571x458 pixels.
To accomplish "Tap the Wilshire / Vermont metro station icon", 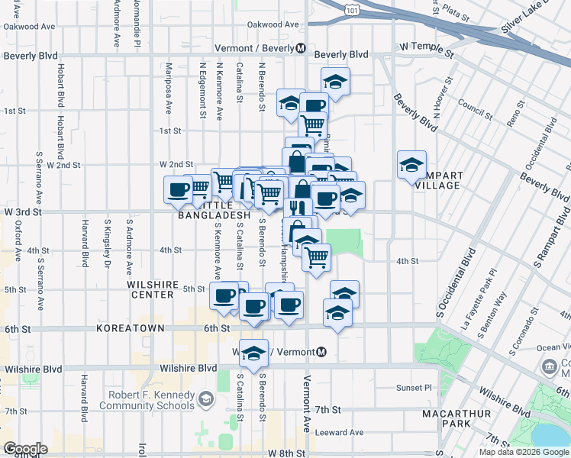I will click(321, 352).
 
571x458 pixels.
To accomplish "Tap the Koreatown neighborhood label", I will click(126, 327).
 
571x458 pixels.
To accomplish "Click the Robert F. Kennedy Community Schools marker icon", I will click(205, 398).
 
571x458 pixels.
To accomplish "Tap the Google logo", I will click(25, 449).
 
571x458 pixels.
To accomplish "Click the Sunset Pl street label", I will click(413, 388).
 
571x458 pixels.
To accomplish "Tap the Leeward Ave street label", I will click(343, 432).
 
